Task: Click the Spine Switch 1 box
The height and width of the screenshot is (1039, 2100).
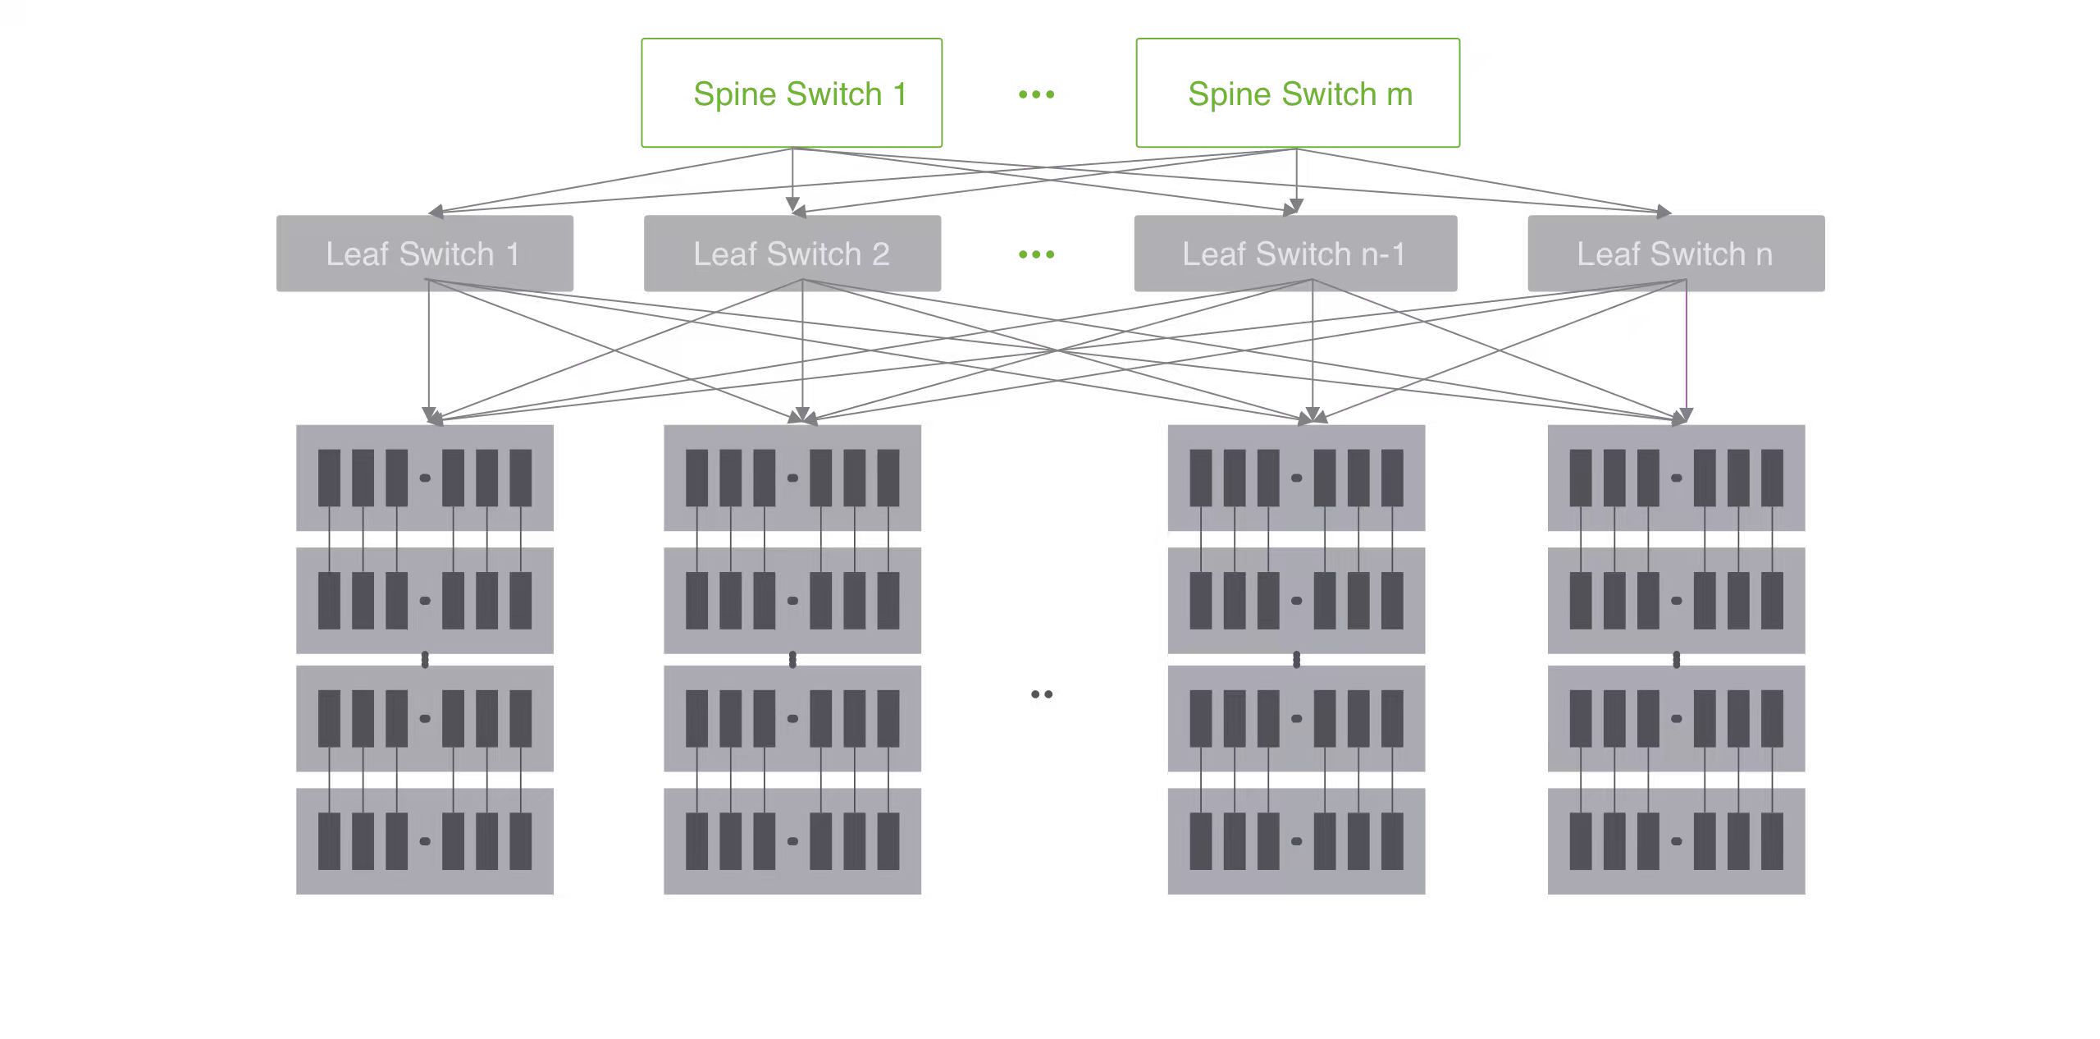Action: pos(792,93)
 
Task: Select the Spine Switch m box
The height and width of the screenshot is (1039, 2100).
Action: pos(1297,93)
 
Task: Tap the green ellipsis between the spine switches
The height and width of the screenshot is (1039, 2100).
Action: pos(1036,94)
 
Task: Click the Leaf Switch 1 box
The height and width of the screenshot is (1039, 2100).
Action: pos(424,254)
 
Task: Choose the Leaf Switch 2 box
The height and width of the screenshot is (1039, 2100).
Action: pos(792,254)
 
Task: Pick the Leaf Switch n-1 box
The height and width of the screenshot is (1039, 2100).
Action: pos(1295,254)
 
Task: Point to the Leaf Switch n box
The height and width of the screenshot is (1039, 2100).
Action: pos(1676,254)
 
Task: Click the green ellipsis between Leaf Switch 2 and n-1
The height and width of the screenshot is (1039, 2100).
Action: pos(1036,254)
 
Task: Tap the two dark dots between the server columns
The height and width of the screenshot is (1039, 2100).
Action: pos(1042,694)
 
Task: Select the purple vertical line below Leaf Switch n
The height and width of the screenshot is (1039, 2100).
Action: pos(1686,345)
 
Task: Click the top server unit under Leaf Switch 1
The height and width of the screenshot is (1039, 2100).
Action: pos(424,478)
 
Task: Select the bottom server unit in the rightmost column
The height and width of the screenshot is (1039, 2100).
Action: pos(1676,841)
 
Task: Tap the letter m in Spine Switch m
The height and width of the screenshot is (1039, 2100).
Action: pos(1399,94)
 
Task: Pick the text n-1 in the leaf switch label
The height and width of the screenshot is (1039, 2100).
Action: pos(1382,254)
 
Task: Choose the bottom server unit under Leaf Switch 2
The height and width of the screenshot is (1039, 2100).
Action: pos(792,841)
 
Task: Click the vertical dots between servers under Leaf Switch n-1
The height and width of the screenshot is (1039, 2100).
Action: pos(1296,660)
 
